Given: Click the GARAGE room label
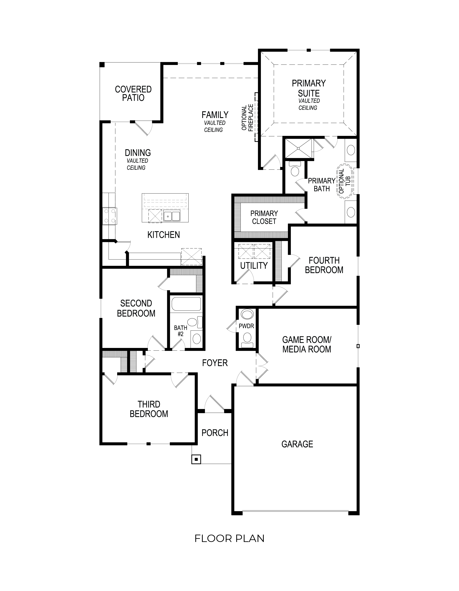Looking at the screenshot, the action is click(297, 444).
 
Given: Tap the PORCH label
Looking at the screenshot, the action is click(215, 433).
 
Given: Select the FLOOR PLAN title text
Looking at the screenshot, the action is click(229, 538).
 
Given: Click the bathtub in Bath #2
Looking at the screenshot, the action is click(186, 304).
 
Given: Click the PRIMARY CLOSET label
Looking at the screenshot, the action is click(264, 217).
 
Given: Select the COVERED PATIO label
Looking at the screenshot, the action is click(133, 93).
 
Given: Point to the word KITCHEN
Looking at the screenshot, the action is click(163, 235).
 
